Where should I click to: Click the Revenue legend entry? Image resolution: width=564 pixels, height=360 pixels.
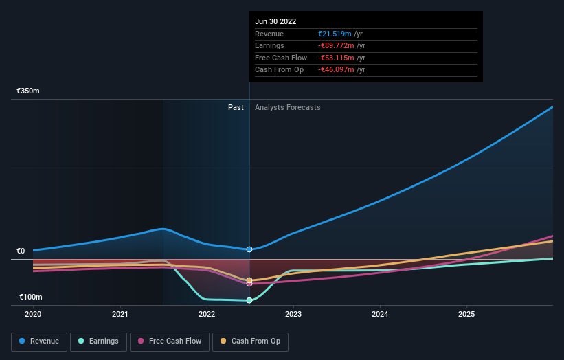39,341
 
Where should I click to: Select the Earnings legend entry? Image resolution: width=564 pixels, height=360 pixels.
98,341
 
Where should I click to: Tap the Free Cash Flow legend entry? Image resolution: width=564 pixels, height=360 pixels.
170,341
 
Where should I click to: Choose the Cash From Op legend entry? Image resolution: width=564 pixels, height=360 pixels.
250,341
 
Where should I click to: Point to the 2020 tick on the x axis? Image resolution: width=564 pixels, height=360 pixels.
33,314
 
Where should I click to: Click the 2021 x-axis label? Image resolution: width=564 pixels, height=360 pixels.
120,314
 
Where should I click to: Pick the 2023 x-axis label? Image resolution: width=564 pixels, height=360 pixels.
293,314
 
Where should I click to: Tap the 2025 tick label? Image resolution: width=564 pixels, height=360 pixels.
466,314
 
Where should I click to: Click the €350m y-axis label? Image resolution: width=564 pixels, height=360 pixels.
28,91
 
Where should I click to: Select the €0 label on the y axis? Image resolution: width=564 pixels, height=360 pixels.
21,251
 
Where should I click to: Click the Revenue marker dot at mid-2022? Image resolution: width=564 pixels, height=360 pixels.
249,249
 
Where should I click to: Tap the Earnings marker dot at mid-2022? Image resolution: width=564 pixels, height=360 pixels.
249,300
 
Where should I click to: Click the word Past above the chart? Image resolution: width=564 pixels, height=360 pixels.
236,107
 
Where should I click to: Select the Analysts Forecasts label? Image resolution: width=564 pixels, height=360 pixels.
287,107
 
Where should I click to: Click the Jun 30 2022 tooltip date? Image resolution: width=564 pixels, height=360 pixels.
275,21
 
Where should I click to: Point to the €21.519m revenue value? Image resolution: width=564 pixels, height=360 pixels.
335,34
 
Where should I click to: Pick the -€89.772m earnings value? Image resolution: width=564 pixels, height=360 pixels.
335,46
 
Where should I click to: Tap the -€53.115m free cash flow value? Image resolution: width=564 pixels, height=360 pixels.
335,58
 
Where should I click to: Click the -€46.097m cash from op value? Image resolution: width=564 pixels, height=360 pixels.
335,69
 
